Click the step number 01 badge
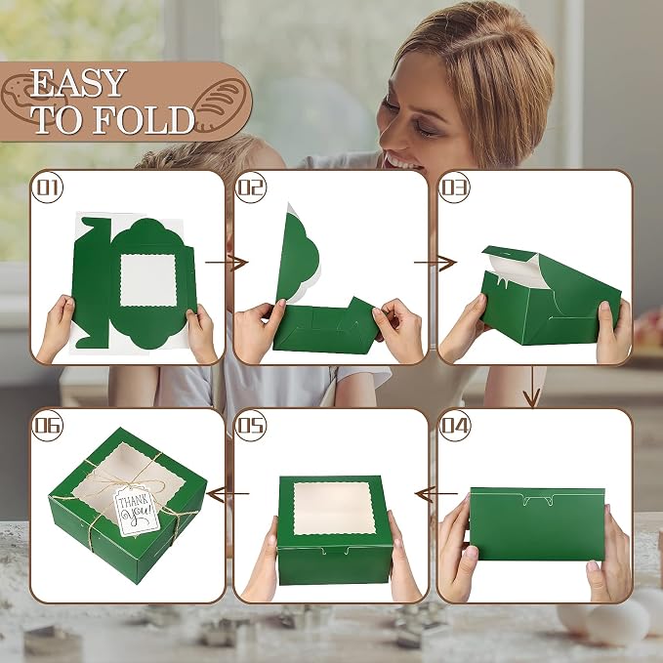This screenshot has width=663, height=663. [47, 187]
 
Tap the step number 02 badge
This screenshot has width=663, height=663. [250, 187]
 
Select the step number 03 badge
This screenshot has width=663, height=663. [455, 187]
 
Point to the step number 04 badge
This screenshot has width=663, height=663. [455, 426]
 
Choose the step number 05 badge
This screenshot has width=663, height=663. [250, 426]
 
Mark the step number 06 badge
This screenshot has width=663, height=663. [47, 426]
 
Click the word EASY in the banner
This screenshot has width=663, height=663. [78, 83]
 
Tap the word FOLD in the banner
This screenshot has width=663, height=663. [143, 120]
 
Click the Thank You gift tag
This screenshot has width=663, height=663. [137, 511]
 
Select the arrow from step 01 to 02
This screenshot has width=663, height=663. [227, 263]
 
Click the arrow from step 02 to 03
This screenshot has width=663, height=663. [435, 263]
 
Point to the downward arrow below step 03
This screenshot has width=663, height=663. [532, 387]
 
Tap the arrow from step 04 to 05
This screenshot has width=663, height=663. [436, 493]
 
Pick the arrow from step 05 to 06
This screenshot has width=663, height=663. [228, 493]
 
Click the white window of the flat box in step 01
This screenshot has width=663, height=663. [148, 280]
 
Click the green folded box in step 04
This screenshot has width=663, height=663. [537, 524]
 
